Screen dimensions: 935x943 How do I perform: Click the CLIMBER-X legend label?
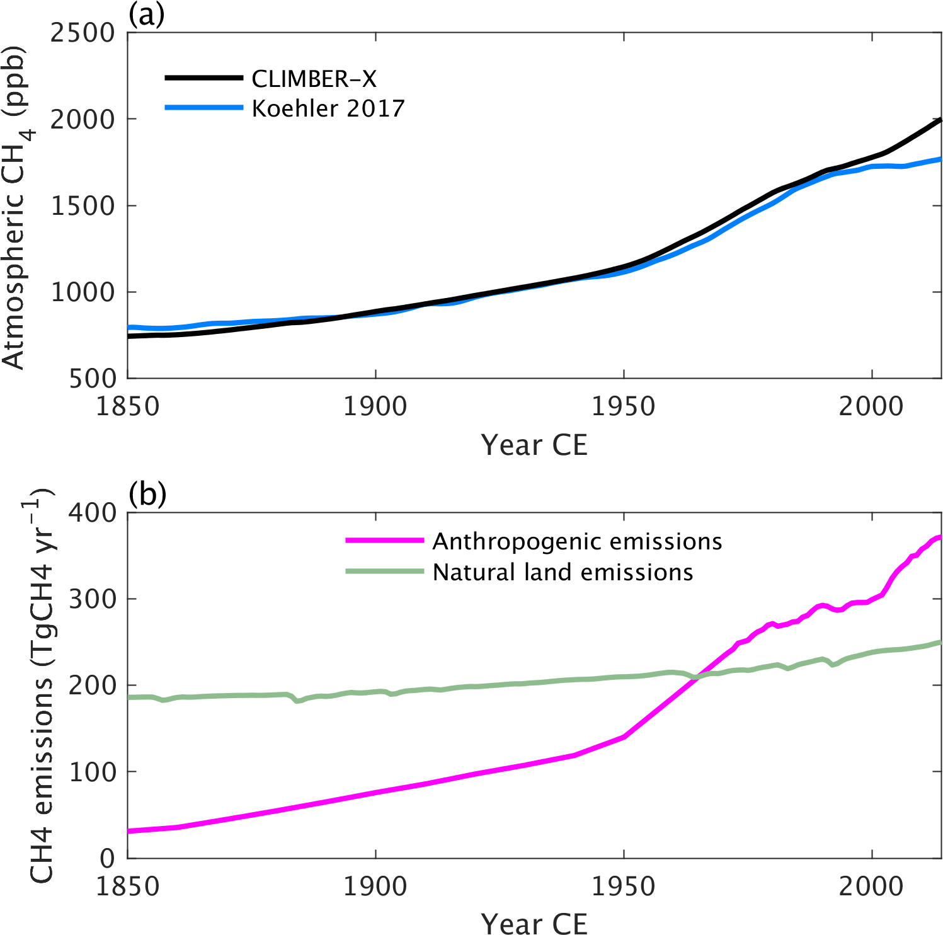point(314,79)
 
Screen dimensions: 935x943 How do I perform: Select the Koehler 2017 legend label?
point(328,108)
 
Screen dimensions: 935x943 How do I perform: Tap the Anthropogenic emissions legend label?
point(577,541)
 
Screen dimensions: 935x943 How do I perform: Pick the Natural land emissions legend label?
point(563,572)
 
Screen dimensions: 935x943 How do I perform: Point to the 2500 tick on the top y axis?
point(83,33)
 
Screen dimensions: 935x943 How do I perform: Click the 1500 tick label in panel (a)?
point(83,206)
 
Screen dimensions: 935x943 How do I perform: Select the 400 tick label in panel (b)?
point(93,513)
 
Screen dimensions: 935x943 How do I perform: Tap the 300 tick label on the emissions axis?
point(93,599)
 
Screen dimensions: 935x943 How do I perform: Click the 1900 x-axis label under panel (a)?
point(375,406)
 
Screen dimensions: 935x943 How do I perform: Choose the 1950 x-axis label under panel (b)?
point(623,886)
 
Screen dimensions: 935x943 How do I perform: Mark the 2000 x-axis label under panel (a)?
point(871,406)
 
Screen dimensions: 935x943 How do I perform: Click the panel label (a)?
point(146,14)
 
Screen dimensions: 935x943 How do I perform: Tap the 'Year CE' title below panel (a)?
point(534,445)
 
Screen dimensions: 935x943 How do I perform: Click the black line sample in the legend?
point(203,78)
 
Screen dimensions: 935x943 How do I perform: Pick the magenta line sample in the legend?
point(384,541)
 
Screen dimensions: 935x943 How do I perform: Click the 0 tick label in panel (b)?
point(108,858)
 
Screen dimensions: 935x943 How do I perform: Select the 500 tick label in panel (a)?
point(93,379)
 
